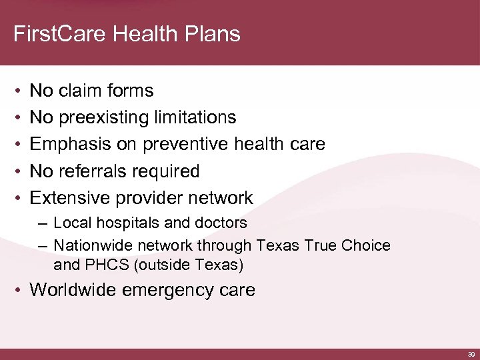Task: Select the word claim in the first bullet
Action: coord(83,91)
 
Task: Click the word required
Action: coord(167,171)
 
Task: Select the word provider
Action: coord(147,198)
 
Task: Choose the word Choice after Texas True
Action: coord(367,245)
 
